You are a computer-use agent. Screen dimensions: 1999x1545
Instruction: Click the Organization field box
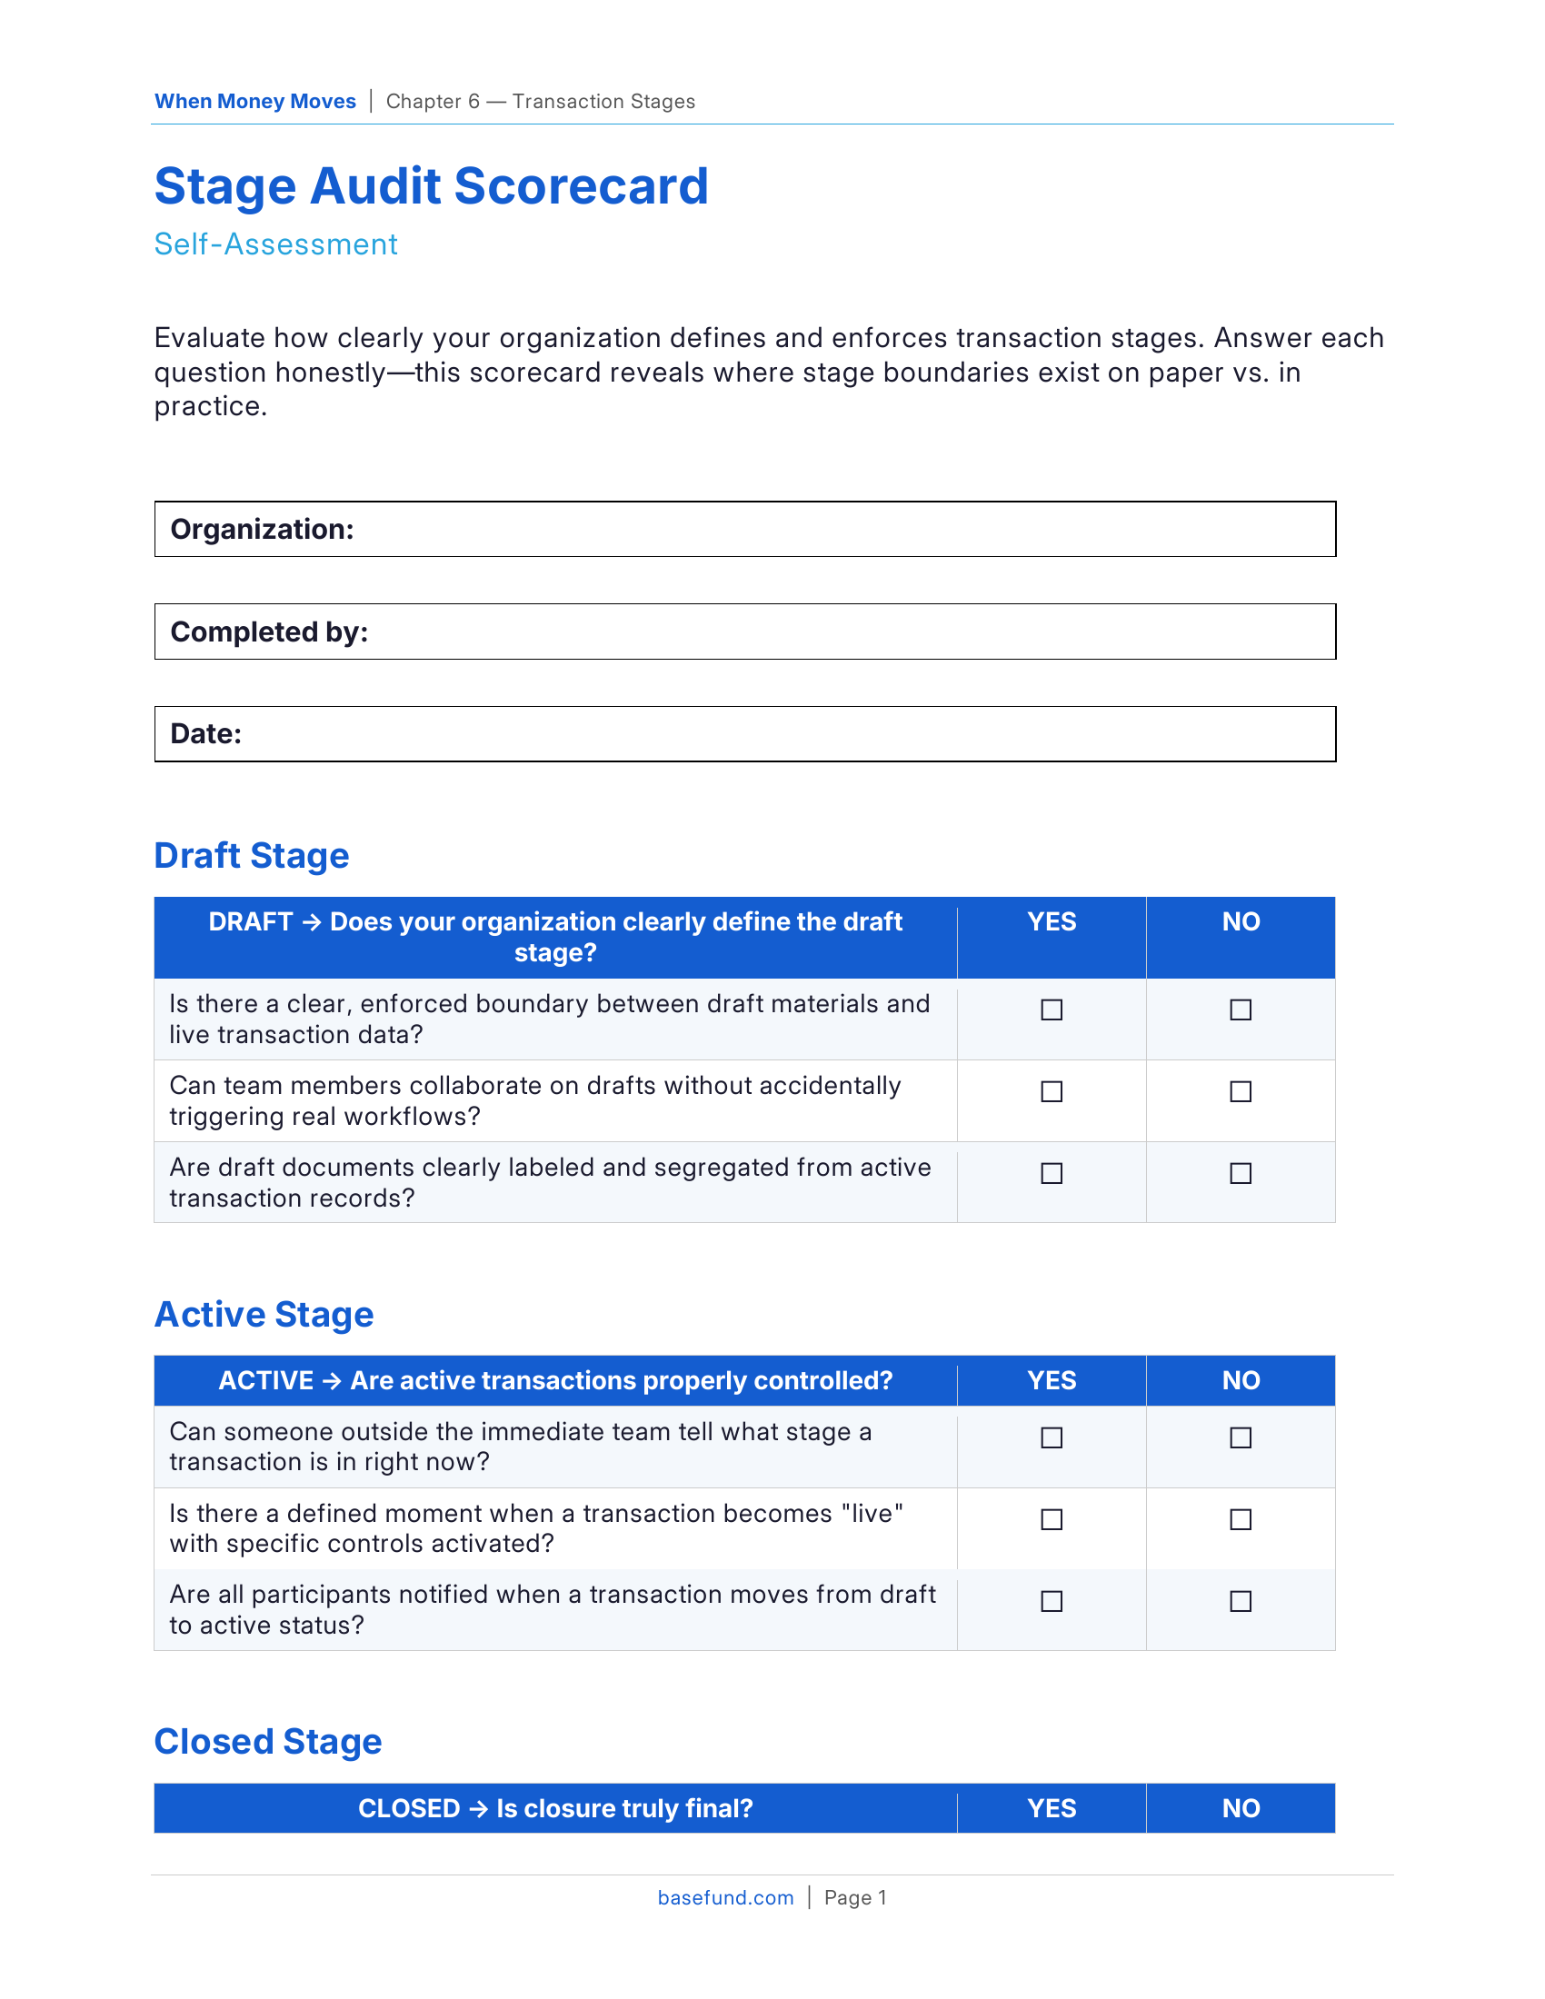tap(744, 529)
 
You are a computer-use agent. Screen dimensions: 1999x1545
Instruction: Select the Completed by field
tap(744, 632)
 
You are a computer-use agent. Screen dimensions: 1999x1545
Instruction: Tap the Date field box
tap(744, 733)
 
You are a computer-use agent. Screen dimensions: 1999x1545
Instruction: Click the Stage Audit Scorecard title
tap(431, 186)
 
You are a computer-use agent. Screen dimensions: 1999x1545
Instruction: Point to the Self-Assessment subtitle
tap(275, 244)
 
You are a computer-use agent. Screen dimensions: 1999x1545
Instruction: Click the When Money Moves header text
tap(254, 102)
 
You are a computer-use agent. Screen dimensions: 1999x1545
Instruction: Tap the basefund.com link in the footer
tap(725, 1897)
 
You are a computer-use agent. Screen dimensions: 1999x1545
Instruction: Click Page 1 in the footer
tap(855, 1897)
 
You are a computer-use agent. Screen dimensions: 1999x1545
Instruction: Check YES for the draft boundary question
tap(1052, 1009)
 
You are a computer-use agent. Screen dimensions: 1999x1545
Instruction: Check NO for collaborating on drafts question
tap(1241, 1091)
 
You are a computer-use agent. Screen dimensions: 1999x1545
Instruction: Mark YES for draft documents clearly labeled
tap(1052, 1172)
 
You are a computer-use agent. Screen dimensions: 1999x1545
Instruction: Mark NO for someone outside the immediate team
tap(1241, 1437)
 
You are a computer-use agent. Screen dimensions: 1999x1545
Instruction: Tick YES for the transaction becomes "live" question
tap(1052, 1519)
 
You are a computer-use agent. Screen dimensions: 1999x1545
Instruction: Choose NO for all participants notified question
tap(1241, 1601)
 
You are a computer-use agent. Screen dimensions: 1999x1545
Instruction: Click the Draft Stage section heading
tap(252, 856)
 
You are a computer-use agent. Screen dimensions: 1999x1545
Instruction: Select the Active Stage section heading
tap(264, 1315)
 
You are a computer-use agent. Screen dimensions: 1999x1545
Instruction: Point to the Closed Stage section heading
tap(267, 1742)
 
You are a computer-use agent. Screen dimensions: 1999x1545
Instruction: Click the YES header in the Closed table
tap(1052, 1808)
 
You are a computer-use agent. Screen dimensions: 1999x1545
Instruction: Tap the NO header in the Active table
tap(1241, 1380)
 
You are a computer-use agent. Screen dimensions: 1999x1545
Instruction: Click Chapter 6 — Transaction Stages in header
tap(540, 102)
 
